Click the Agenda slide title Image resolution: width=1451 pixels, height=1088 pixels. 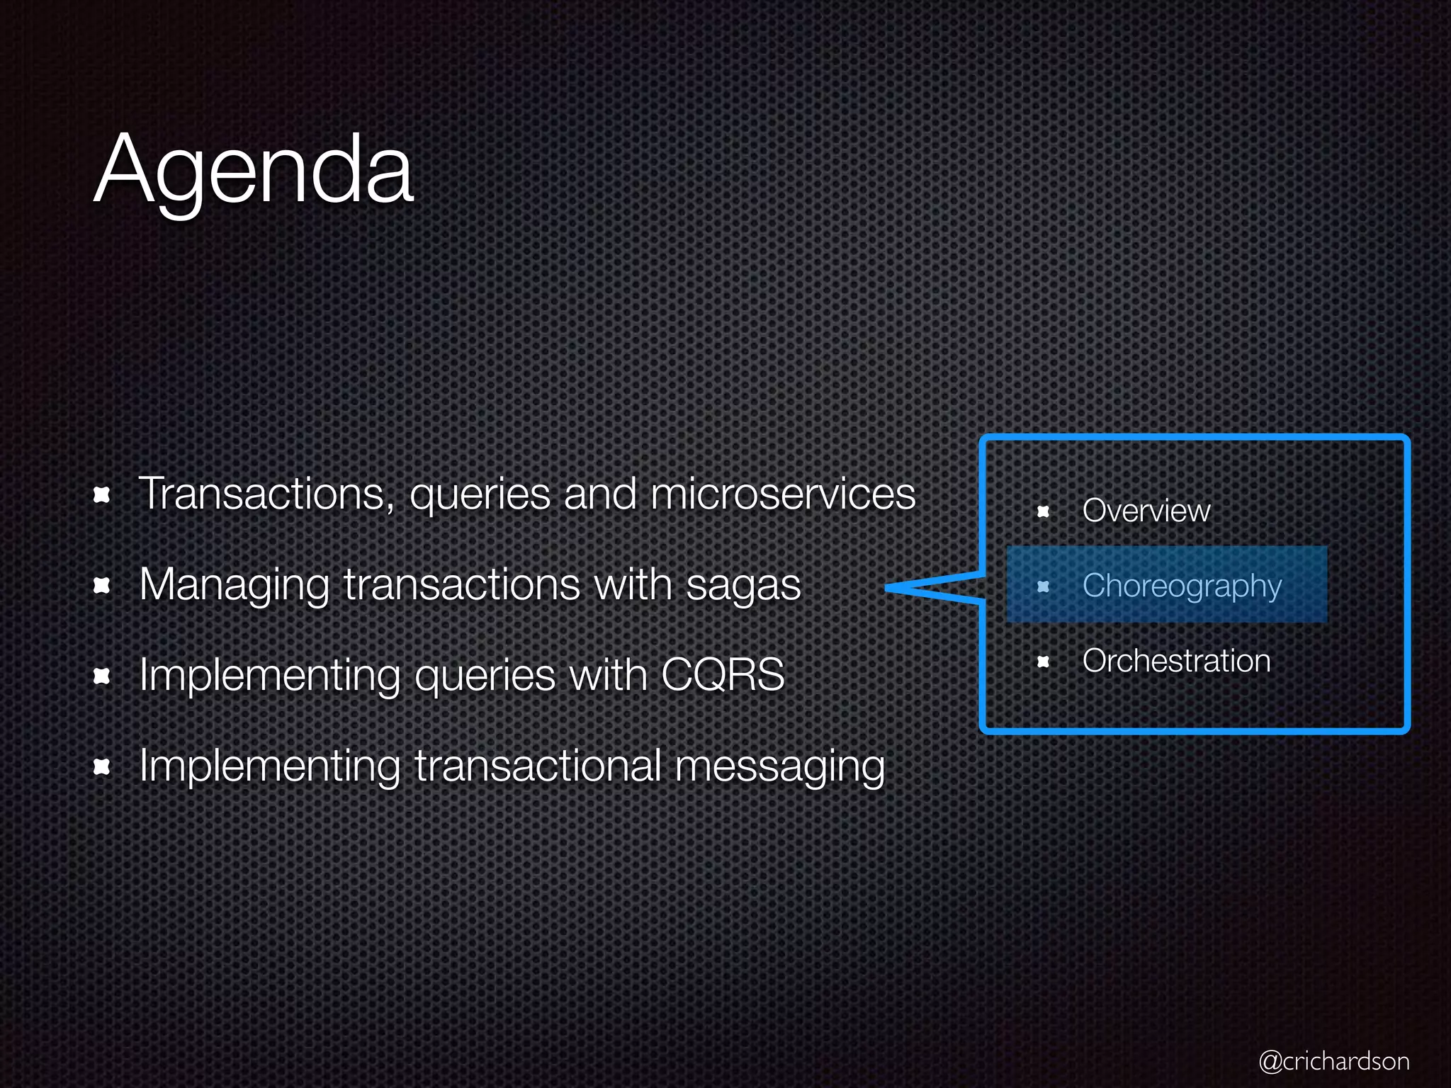253,170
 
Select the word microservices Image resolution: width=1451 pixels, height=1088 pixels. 783,494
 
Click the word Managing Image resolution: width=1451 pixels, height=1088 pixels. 235,585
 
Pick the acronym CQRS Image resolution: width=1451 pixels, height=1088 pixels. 723,674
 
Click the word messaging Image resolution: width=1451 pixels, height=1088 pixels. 779,767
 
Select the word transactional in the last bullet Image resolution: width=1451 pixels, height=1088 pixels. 538,766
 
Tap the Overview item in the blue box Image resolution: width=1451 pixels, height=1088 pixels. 1146,511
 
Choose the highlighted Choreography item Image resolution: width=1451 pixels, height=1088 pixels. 1182,586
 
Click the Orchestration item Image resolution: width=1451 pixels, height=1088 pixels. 1176,661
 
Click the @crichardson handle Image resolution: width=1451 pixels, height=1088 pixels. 1333,1061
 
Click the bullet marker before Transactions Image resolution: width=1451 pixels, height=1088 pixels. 102,495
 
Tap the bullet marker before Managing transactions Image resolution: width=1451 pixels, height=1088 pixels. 102,586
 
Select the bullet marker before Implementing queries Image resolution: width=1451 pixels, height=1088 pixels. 102,676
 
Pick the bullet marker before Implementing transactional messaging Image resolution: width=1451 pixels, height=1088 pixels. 102,767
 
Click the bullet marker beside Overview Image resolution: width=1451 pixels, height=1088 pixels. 1043,511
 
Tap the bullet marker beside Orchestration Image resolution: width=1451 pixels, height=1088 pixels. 1043,662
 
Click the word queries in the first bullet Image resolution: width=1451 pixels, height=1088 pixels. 480,495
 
